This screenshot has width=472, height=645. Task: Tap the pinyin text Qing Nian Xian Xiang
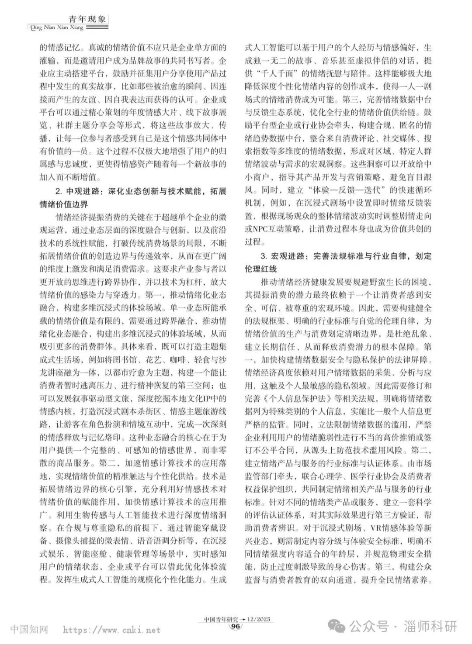pyautogui.click(x=56, y=28)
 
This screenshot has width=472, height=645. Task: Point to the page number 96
pyautogui.click(x=236, y=626)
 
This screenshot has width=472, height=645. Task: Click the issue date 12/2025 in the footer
pyautogui.click(x=259, y=619)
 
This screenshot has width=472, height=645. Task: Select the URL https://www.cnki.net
pyautogui.click(x=112, y=630)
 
